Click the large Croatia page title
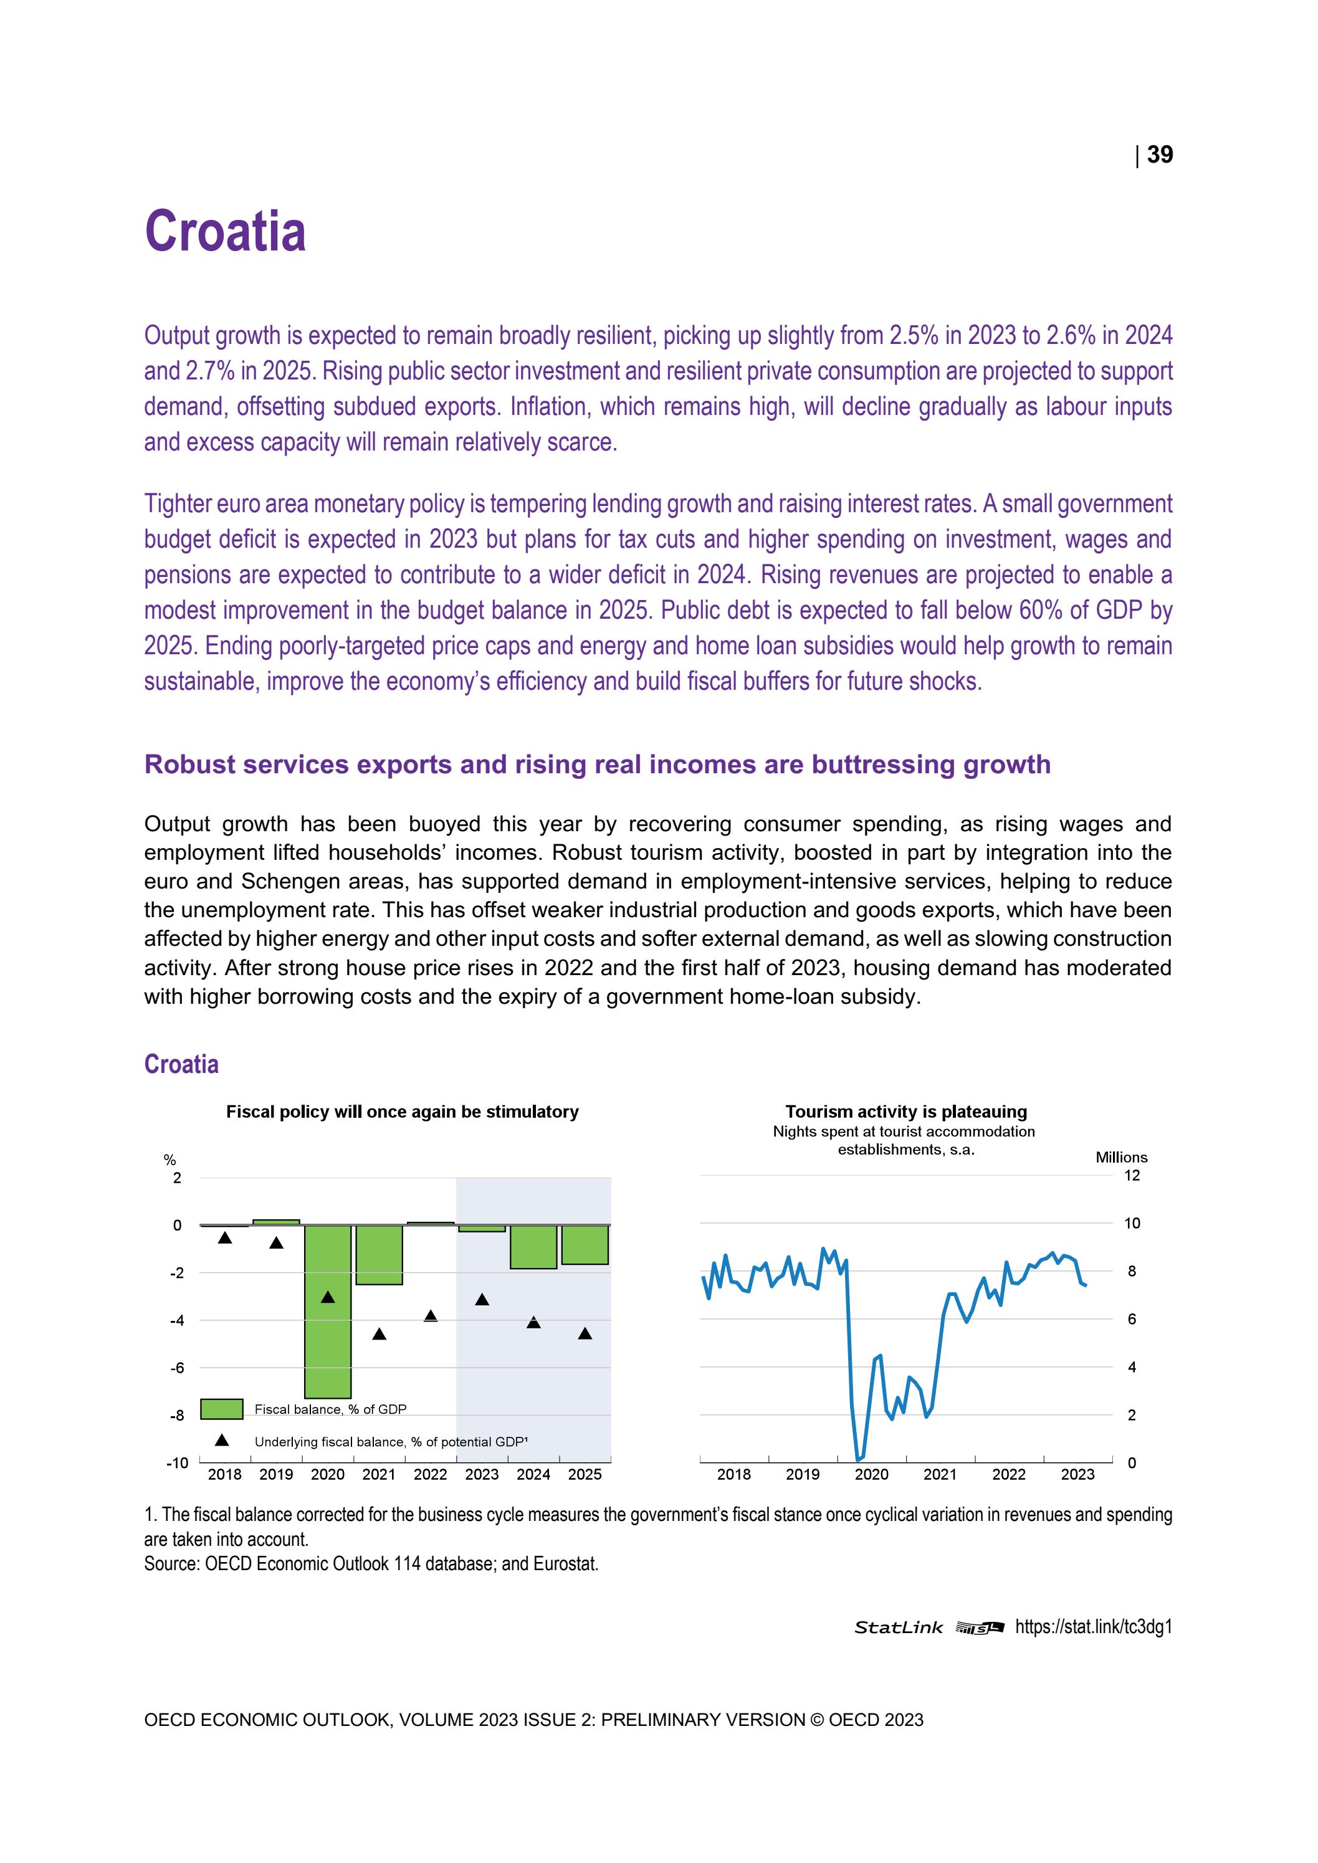[225, 231]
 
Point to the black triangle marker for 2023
[482, 1300]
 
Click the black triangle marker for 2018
[225, 1238]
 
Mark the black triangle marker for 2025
[585, 1334]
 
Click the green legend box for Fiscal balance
[222, 1409]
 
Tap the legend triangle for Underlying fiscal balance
[222, 1441]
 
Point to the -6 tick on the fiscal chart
[177, 1368]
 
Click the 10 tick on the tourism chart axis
[1131, 1223]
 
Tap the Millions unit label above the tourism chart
[1122, 1157]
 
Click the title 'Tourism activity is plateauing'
[905, 1112]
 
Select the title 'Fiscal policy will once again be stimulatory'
[402, 1112]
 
